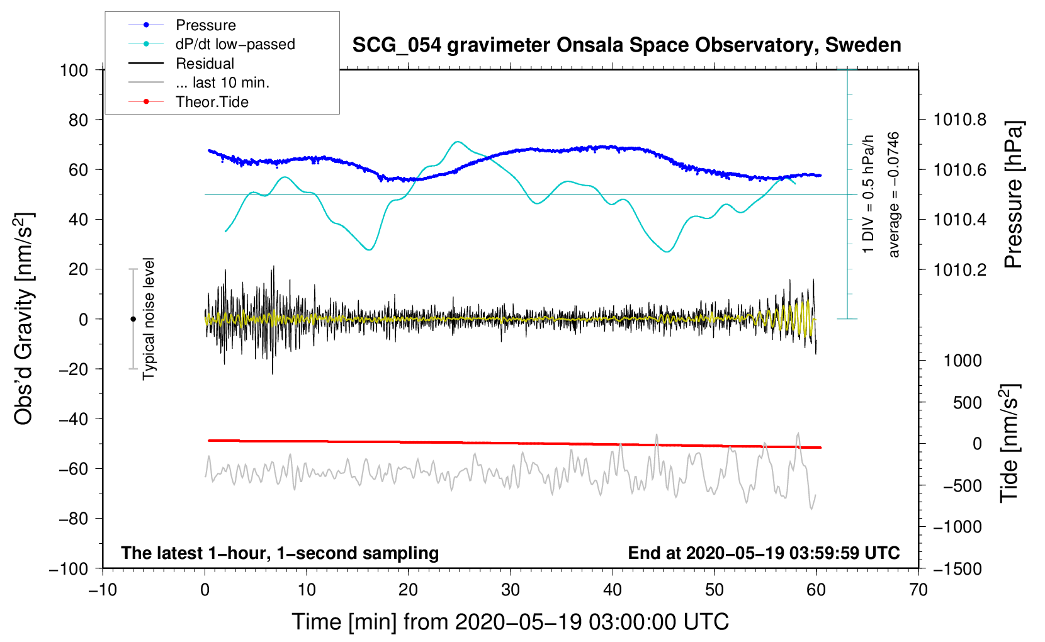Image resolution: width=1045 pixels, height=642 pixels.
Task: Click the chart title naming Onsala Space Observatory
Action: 626,45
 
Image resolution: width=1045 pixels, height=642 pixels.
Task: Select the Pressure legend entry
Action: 205,25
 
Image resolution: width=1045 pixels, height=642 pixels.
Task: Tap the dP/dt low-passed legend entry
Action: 235,44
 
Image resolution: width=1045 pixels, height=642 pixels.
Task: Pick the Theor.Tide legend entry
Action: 212,102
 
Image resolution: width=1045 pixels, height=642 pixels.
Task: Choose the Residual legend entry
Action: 205,64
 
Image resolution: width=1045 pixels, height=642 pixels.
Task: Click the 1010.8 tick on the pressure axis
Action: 960,120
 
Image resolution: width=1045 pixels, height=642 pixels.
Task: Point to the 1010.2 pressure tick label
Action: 960,269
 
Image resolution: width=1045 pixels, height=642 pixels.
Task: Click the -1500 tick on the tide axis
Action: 957,568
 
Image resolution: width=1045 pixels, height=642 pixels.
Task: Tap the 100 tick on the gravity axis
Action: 74,70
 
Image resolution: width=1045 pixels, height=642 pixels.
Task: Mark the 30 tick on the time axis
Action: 511,590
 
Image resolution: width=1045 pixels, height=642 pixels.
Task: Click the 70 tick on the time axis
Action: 918,590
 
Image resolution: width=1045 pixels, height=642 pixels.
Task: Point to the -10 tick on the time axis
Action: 103,590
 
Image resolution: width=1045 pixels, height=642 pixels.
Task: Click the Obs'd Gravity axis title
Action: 24,319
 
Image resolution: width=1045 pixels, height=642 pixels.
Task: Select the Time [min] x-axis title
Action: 511,622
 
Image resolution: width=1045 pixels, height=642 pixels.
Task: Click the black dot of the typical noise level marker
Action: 133,319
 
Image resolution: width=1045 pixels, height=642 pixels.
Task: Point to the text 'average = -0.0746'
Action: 894,195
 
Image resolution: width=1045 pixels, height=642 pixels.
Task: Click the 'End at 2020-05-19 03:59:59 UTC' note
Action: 764,553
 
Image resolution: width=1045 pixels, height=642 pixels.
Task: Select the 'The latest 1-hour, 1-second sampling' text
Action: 280,553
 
